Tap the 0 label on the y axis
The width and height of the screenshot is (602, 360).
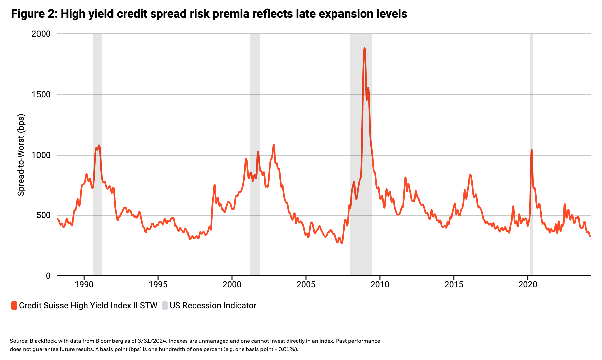(x=48, y=276)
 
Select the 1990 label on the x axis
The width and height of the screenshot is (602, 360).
(x=84, y=285)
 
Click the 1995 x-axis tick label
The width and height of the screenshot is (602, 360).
(x=158, y=285)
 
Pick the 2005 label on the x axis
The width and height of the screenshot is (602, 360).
(x=306, y=285)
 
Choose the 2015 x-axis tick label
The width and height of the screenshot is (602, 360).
(x=454, y=285)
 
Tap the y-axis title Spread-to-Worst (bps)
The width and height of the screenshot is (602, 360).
(x=21, y=155)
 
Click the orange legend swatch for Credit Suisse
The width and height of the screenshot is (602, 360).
(x=14, y=305)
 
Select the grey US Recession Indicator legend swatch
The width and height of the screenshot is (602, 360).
(x=165, y=305)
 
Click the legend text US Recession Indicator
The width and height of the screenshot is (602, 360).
(x=213, y=305)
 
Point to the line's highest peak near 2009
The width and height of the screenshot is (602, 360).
(x=364, y=49)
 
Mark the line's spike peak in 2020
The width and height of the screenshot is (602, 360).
(x=531, y=150)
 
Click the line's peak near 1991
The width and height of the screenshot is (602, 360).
(x=99, y=146)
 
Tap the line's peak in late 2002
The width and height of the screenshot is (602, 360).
(x=274, y=145)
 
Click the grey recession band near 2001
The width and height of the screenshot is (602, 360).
(x=255, y=100)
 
